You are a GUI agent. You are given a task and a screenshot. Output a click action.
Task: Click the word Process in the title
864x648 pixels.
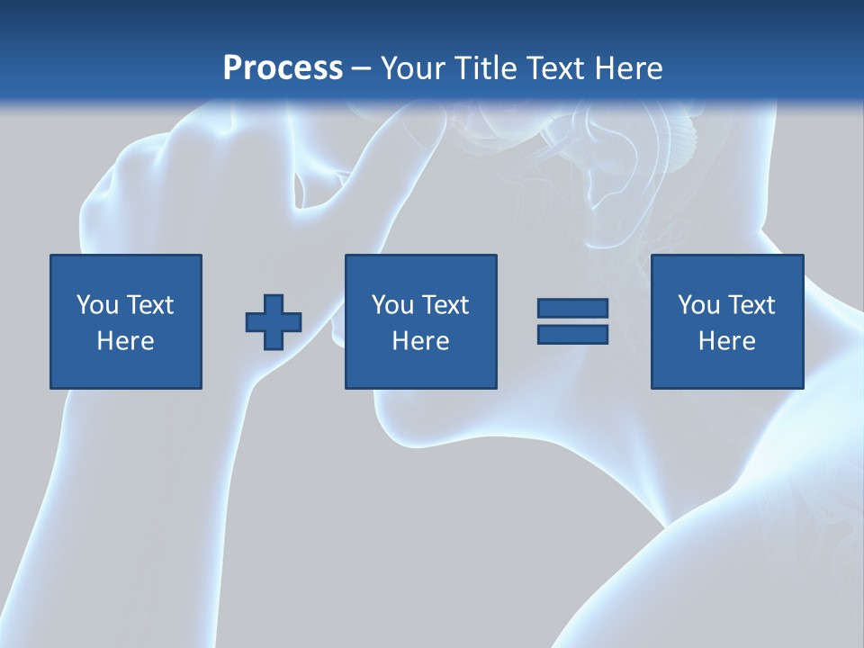pyautogui.click(x=283, y=68)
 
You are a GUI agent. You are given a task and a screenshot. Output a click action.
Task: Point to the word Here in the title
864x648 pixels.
pyautogui.click(x=627, y=68)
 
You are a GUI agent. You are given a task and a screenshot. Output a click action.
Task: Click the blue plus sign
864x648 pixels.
pyautogui.click(x=274, y=322)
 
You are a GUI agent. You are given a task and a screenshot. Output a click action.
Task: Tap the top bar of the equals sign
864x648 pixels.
pyautogui.click(x=572, y=309)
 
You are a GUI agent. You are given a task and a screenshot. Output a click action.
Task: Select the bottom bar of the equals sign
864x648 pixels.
pyautogui.click(x=572, y=335)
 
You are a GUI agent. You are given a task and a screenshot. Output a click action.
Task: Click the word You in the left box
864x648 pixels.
pyautogui.click(x=96, y=305)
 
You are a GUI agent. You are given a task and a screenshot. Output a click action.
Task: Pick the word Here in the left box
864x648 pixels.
pyautogui.click(x=125, y=341)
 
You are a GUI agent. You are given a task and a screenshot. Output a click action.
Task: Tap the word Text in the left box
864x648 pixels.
pyautogui.click(x=148, y=305)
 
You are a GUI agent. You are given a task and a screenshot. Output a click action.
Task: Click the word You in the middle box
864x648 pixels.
pyautogui.click(x=391, y=305)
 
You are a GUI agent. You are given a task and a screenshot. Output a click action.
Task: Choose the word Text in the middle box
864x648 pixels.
pyautogui.click(x=444, y=305)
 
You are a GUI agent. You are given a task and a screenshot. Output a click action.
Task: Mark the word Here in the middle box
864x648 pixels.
pyautogui.click(x=420, y=341)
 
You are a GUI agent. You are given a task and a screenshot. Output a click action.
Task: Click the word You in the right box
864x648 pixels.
pyautogui.click(x=697, y=305)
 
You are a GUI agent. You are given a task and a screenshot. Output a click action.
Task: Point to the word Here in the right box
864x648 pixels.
pyautogui.click(x=726, y=341)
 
